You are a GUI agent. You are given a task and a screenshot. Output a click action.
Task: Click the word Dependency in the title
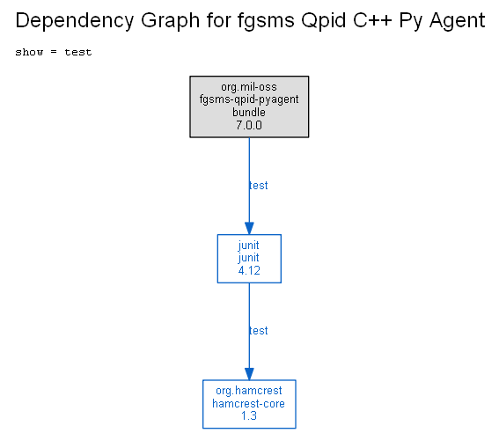click(75, 21)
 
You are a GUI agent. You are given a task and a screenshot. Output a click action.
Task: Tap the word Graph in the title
click(170, 21)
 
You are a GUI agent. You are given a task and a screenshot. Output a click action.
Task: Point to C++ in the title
click(372, 20)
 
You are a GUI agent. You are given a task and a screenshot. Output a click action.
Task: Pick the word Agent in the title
click(457, 20)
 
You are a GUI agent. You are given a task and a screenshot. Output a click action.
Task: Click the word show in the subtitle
click(29, 52)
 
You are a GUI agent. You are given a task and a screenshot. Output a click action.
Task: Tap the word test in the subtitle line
click(78, 52)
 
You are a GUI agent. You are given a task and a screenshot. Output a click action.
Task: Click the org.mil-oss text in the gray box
click(249, 87)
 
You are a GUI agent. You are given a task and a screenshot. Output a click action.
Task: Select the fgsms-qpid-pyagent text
click(249, 99)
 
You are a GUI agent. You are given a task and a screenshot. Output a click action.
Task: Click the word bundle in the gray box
click(249, 112)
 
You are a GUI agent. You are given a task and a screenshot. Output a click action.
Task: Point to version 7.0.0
click(249, 125)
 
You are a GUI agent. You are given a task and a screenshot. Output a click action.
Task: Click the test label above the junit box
click(259, 186)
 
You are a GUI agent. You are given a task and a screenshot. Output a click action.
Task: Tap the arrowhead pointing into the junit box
click(249, 229)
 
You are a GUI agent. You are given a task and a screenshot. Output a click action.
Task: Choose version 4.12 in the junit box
click(249, 270)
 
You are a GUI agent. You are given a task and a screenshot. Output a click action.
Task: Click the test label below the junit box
click(259, 331)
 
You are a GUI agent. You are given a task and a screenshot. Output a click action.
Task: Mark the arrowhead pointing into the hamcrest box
click(249, 374)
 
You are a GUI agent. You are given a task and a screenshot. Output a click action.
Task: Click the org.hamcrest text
click(249, 391)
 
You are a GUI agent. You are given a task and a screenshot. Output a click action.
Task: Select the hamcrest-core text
click(248, 403)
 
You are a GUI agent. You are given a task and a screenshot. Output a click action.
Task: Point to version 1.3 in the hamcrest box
click(249, 415)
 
